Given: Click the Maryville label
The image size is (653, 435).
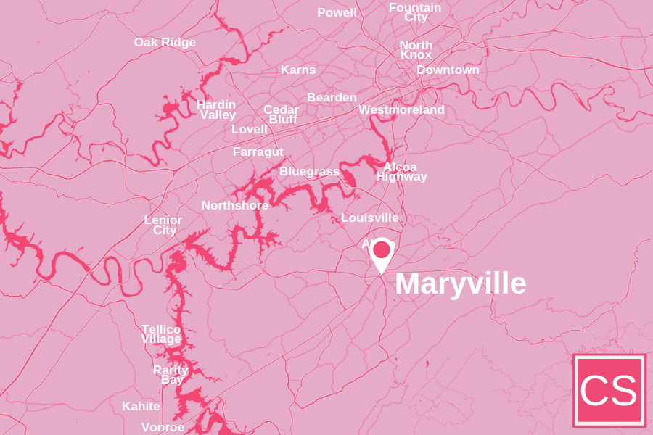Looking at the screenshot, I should pyautogui.click(x=460, y=283).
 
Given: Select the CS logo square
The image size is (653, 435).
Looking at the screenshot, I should pyautogui.click(x=609, y=390).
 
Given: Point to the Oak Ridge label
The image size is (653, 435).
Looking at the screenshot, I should pyautogui.click(x=165, y=42).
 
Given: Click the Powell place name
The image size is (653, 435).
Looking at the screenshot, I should pyautogui.click(x=337, y=12).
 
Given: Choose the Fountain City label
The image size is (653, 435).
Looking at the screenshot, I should pyautogui.click(x=415, y=12).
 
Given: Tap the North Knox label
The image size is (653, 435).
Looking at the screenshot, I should pyautogui.click(x=416, y=49).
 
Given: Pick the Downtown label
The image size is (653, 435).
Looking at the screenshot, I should pyautogui.click(x=448, y=70).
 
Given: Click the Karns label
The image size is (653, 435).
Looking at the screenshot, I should pyautogui.click(x=298, y=70).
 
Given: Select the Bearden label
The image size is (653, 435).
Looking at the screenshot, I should pyautogui.click(x=332, y=97).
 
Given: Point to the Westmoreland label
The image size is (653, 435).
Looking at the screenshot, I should pyautogui.click(x=401, y=109).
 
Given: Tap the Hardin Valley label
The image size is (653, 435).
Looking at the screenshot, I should pyautogui.click(x=216, y=109).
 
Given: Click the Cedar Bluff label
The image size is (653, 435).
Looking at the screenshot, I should pyautogui.click(x=282, y=114).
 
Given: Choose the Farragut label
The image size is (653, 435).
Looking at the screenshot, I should pyautogui.click(x=258, y=152).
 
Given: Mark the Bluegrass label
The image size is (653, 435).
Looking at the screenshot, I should pyautogui.click(x=309, y=171).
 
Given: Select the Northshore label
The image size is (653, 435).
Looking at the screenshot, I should pyautogui.click(x=234, y=205).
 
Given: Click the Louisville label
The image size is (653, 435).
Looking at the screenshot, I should pyautogui.click(x=369, y=217).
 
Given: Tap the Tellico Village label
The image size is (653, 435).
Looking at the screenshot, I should pyautogui.click(x=161, y=333).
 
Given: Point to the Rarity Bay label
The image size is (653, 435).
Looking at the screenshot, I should pyautogui.click(x=171, y=374).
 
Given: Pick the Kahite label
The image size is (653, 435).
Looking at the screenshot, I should pyautogui.click(x=141, y=406).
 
